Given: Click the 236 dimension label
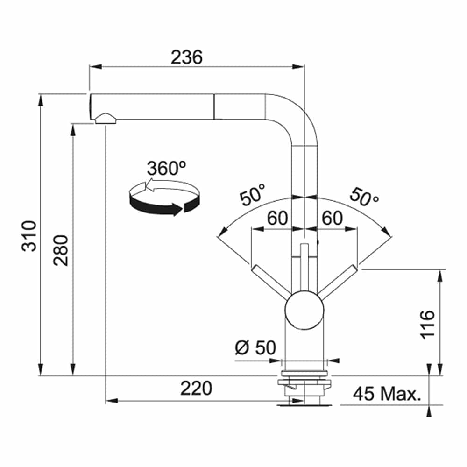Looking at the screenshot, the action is click(186, 57).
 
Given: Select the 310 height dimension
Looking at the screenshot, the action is click(29, 236).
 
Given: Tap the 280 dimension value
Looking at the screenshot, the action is click(61, 250).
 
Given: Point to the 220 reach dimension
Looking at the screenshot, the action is click(196, 388).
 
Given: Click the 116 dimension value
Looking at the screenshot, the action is click(427, 325).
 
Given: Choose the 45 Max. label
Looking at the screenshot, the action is click(387, 394).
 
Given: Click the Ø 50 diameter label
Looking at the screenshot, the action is click(255, 347).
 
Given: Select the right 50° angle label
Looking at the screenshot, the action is click(364, 197).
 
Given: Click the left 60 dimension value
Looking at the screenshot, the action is click(277, 218).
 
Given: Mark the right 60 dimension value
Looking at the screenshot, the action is click(332, 218).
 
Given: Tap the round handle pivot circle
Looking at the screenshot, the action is click(304, 310).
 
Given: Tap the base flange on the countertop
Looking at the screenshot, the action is click(304, 373).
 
